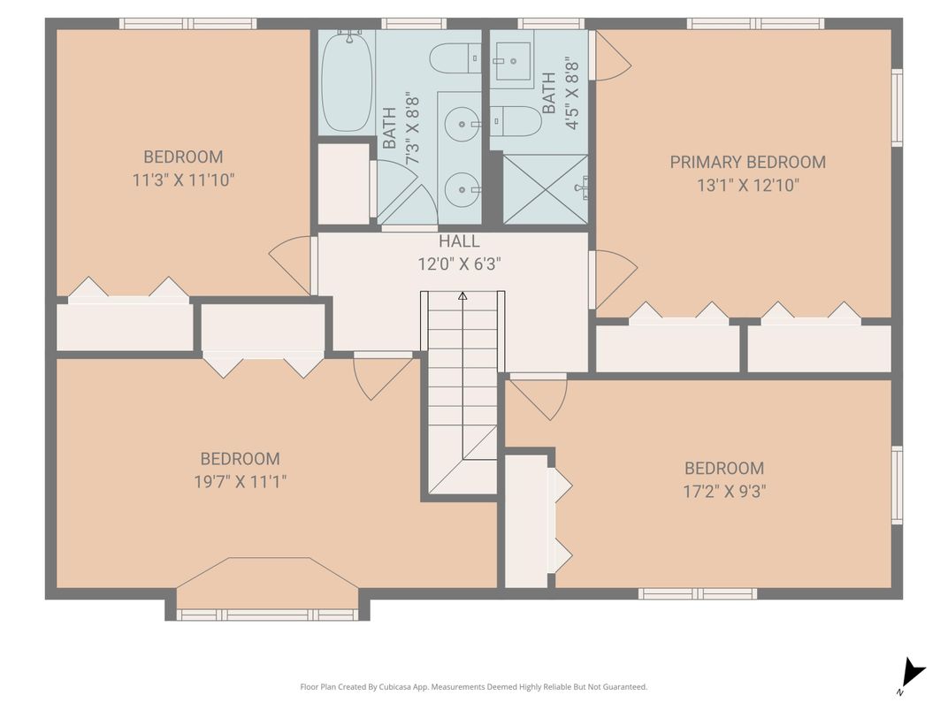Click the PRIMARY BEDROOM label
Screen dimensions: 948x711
point(747,162)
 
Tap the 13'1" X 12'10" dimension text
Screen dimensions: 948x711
point(748,185)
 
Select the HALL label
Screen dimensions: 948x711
point(459,241)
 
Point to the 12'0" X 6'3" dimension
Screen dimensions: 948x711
point(460,264)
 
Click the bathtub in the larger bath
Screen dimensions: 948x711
point(347,81)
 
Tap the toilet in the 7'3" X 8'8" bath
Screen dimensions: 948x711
point(455,58)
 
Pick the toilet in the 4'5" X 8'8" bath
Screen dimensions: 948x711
point(515,121)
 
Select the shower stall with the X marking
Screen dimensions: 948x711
point(546,188)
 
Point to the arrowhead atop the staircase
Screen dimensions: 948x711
point(463,295)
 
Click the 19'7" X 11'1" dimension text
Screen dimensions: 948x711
point(240,482)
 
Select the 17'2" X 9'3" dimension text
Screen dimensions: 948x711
point(724,491)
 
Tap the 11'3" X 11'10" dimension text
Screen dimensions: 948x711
point(183,180)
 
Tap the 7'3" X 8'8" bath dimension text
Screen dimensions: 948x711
point(413,136)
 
